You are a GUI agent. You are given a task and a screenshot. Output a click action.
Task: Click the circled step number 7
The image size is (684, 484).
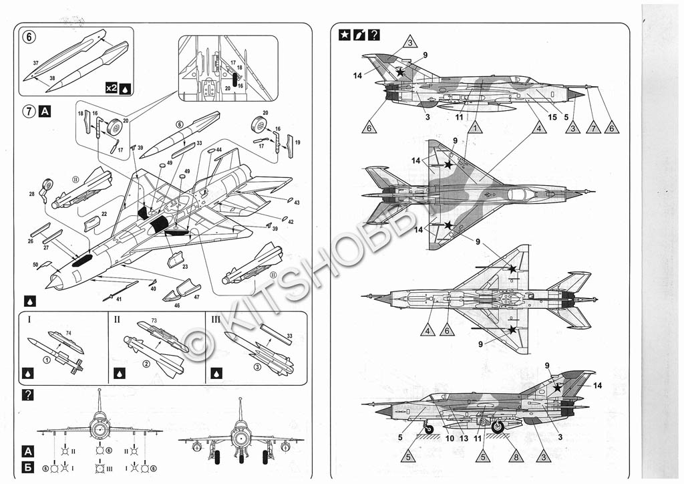tap(29, 112)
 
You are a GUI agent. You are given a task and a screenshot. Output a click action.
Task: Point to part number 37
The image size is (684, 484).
tap(35, 63)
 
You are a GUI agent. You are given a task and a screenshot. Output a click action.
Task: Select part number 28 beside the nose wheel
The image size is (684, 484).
tap(32, 195)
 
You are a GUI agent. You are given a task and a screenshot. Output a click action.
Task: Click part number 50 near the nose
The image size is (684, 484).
tap(36, 265)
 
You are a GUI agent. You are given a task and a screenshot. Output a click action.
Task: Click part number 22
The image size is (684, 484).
tap(104, 214)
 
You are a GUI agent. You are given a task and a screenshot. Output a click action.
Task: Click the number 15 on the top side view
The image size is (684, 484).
tap(552, 117)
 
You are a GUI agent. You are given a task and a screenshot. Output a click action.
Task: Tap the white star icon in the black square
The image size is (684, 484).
tap(345, 34)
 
